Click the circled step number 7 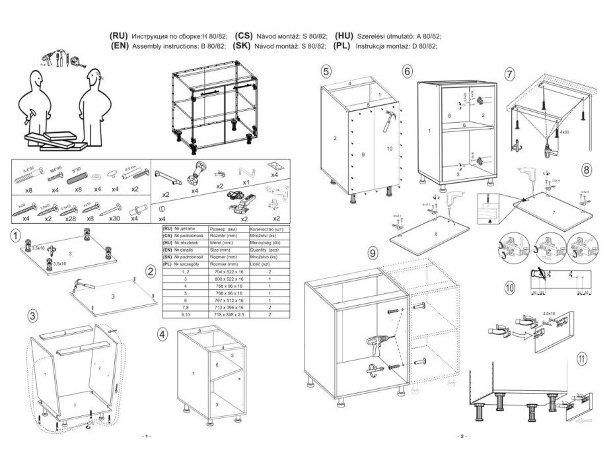pos(509,75)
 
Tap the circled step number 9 pos(373,253)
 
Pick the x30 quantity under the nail pos(114,218)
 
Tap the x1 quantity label pos(246,182)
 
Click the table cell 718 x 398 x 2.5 pos(226,315)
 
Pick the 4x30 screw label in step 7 pos(564,133)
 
